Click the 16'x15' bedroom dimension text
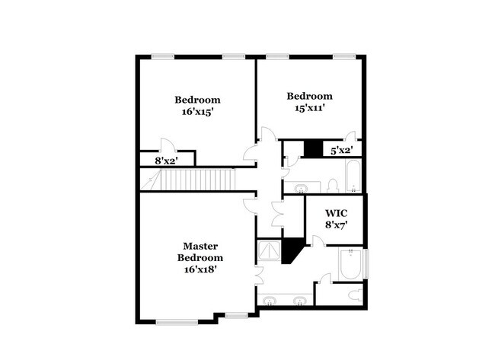click(197, 111)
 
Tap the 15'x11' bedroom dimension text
click(309, 107)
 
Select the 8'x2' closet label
click(166, 161)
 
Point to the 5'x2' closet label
click(340, 151)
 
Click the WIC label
click(336, 213)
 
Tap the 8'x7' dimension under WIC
click(336, 225)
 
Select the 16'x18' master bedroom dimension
click(201, 268)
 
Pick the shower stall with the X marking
click(269, 250)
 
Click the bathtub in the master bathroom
click(352, 265)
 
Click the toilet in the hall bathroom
click(333, 185)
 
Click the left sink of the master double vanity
click(270, 301)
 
